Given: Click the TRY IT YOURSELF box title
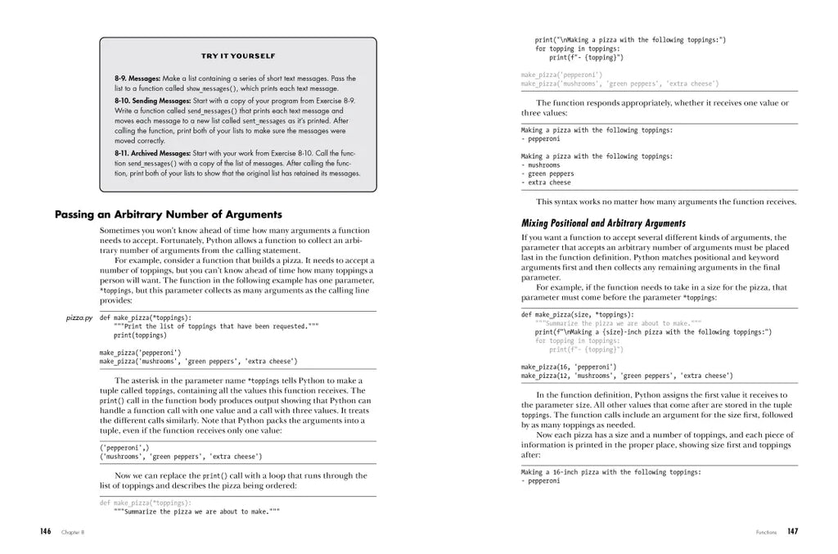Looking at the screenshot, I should pos(238,56).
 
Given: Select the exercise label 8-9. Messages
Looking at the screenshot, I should pos(137,79).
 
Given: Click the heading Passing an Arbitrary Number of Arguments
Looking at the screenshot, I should pos(168,214).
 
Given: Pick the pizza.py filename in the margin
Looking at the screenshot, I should pos(79,318).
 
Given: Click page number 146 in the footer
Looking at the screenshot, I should pos(46,532).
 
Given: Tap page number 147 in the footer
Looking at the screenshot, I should pos(792,532).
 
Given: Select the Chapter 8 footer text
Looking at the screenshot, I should pos(73,533).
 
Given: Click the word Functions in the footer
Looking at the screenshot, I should pos(767,533).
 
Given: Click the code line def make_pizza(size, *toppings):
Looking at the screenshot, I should pos(577,314).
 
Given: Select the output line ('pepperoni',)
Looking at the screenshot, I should pos(124,448).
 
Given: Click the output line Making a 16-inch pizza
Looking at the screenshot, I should pos(611,472).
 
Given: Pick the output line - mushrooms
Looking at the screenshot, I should pos(543,164).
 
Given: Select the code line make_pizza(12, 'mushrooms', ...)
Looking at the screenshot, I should pos(627,376).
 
